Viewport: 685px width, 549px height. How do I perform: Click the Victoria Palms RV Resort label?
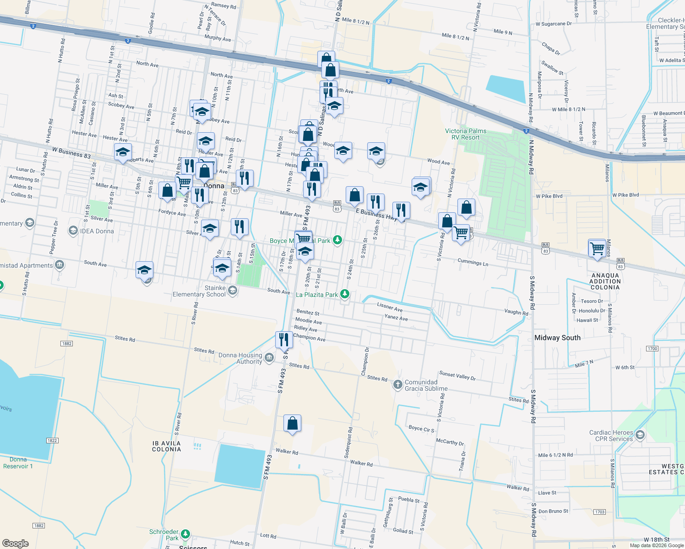pyautogui.click(x=466, y=134)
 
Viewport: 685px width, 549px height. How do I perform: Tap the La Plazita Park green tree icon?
pyautogui.click(x=345, y=294)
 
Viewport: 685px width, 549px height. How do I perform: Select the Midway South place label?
pyautogui.click(x=557, y=338)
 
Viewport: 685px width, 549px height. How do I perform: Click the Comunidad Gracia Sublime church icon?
pyautogui.click(x=397, y=385)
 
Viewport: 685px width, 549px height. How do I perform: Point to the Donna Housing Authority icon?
pyautogui.click(x=269, y=357)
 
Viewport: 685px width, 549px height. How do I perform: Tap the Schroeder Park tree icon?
pyautogui.click(x=185, y=534)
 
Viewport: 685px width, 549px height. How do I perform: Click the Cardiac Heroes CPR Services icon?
pyautogui.click(x=640, y=435)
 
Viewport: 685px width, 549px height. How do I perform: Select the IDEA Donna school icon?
pyautogui.click(x=73, y=231)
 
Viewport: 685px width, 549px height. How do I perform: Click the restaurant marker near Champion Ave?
pyautogui.click(x=284, y=339)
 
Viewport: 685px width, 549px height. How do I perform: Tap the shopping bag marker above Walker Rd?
pyautogui.click(x=292, y=423)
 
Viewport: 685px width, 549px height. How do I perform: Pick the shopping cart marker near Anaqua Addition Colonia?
pyautogui.click(x=597, y=248)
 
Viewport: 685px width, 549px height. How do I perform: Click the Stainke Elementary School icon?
pyautogui.click(x=232, y=291)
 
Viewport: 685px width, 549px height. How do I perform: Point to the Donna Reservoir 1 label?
pyautogui.click(x=18, y=463)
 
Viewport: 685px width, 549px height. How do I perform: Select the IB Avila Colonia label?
pyautogui.click(x=166, y=446)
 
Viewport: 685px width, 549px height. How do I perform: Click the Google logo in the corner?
pyautogui.click(x=15, y=543)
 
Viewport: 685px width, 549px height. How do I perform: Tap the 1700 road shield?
pyautogui.click(x=652, y=349)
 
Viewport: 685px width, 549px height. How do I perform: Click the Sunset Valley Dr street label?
pyautogui.click(x=457, y=376)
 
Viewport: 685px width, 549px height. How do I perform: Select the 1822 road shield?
pyautogui.click(x=52, y=441)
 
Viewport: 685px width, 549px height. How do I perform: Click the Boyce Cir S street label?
pyautogui.click(x=421, y=429)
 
